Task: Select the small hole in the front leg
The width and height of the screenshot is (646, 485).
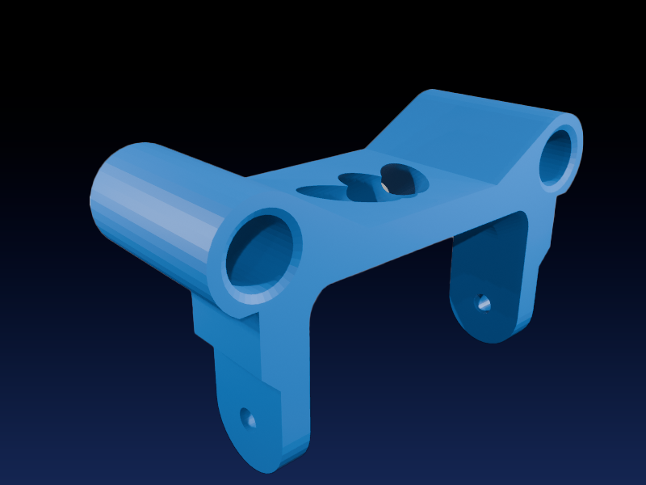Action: (249, 419)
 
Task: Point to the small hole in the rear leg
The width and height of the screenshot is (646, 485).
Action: (483, 303)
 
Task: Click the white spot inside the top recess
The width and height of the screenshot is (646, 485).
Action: (386, 188)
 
